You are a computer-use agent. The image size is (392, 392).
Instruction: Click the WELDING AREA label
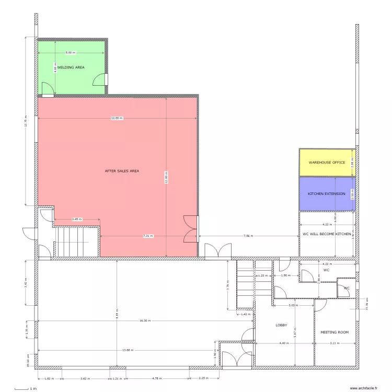pos(71,67)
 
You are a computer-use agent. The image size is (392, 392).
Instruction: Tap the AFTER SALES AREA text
pos(122,171)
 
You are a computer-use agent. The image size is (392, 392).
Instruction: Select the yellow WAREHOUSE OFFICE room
pos(327,163)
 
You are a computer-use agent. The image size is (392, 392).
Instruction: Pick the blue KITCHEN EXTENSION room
pos(327,194)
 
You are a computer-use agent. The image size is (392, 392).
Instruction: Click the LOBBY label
pos(281,325)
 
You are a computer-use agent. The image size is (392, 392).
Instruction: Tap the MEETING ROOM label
pos(335,332)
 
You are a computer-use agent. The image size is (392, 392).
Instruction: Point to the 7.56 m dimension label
pos(248,236)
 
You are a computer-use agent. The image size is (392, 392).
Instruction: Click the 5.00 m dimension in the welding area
pos(70,53)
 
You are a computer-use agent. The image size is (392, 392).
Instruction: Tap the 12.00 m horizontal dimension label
pos(117,118)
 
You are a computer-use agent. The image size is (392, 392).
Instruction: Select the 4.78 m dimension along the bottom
pos(157,378)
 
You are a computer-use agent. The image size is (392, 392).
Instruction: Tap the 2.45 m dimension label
pos(77,220)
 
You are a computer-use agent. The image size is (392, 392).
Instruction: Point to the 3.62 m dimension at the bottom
pos(85,378)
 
